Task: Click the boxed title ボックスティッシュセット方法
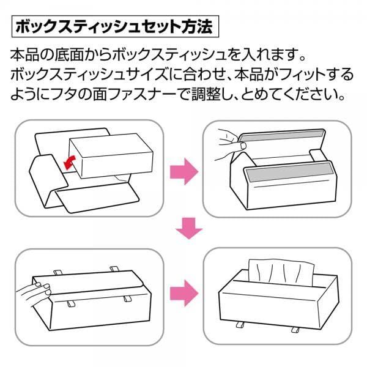115,27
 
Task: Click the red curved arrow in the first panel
70,161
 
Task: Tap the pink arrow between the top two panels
184,171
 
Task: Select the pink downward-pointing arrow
189,228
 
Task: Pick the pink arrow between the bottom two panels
184,293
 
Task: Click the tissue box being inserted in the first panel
111,155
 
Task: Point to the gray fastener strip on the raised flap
282,136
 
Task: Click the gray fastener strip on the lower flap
288,172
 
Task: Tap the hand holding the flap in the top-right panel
229,144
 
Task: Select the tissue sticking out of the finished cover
281,272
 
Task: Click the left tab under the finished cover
240,325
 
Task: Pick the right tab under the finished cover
295,330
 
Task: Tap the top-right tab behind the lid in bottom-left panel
114,269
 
